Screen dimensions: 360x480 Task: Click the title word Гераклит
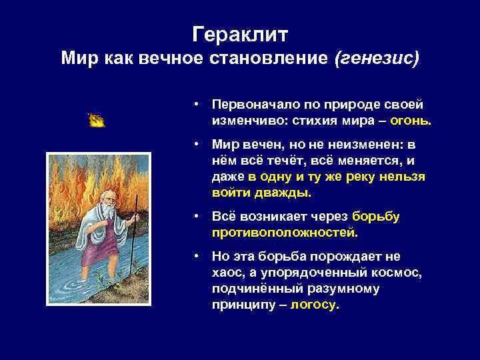(x=240, y=33)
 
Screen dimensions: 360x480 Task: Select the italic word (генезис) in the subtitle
(x=377, y=59)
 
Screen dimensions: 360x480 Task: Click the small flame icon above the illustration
(x=97, y=120)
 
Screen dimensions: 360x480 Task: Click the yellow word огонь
(x=413, y=122)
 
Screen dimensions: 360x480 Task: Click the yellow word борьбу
(x=375, y=217)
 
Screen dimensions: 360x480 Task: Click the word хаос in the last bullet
(x=227, y=273)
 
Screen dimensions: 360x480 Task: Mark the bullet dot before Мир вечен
(x=198, y=144)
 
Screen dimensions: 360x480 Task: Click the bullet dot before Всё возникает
(x=198, y=217)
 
